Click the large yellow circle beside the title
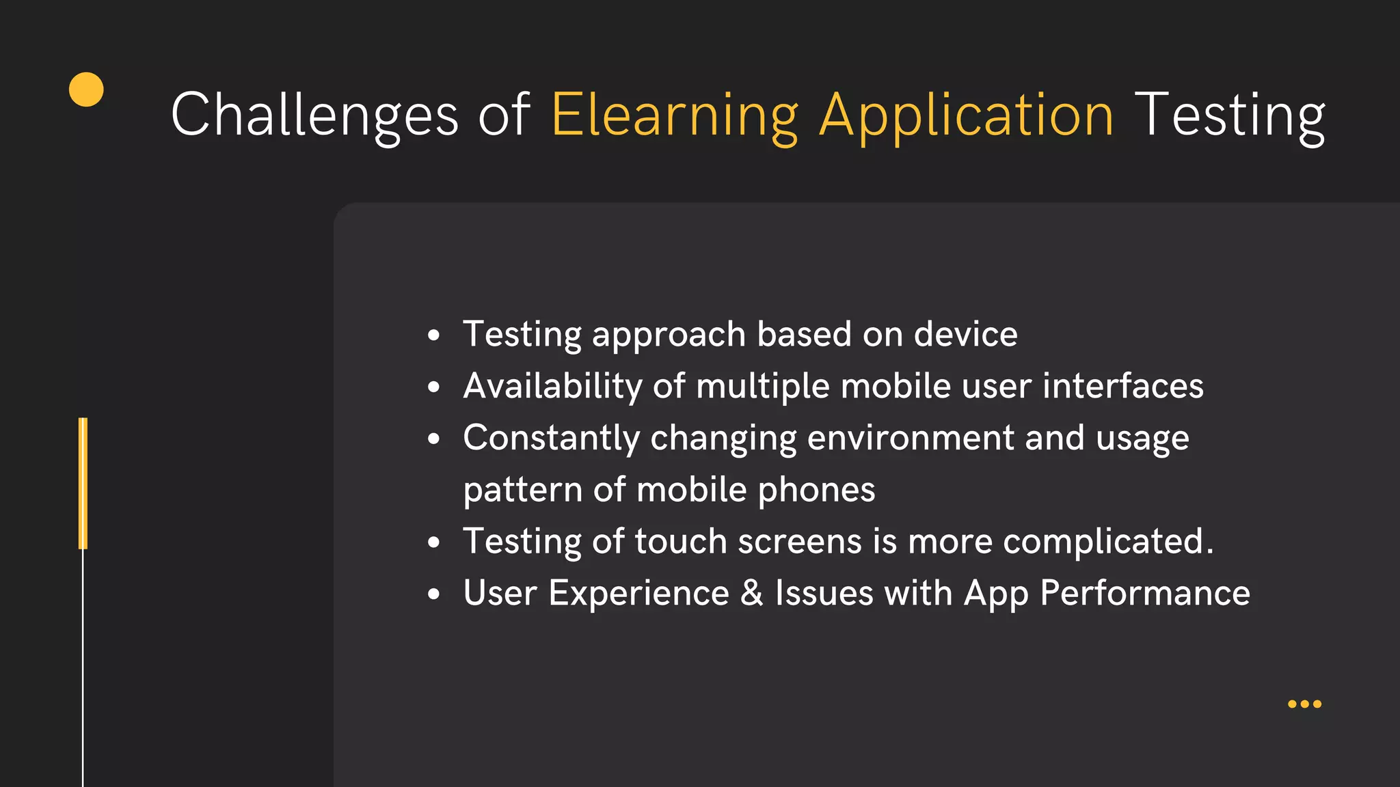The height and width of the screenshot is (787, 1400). tap(86, 89)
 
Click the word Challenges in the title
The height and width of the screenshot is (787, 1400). tap(314, 115)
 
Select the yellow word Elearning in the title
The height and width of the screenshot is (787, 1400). tap(674, 115)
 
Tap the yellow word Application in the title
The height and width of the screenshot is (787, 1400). tap(967, 115)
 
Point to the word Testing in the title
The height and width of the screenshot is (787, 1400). tap(1229, 115)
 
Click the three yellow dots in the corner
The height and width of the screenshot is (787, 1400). tap(1304, 704)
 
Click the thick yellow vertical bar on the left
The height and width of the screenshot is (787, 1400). tap(83, 483)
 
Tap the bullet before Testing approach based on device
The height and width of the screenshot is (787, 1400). tap(433, 335)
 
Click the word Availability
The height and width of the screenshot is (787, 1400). tap(552, 386)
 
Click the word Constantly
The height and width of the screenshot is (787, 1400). tap(551, 438)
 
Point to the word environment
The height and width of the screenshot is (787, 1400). tap(911, 438)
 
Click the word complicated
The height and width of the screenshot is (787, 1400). tap(1107, 541)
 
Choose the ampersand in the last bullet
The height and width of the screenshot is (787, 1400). tap(751, 592)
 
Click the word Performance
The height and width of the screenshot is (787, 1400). tap(1144, 592)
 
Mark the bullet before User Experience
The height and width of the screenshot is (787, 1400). tap(433, 594)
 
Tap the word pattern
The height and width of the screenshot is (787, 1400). tap(522, 490)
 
